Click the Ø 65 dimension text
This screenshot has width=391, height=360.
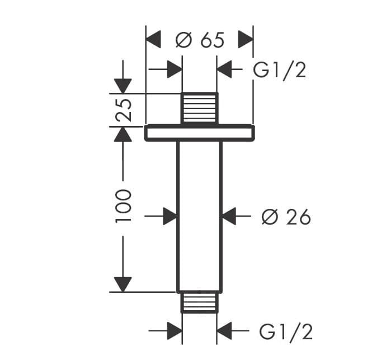tap(200, 40)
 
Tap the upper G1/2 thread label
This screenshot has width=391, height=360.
tap(280, 71)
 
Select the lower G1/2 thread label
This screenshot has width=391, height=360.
tap(286, 332)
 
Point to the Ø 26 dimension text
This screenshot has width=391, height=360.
tap(286, 217)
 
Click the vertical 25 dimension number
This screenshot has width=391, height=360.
tap(123, 110)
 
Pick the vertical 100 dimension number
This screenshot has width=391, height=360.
tap(123, 206)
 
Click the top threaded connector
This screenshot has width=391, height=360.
tap(200, 108)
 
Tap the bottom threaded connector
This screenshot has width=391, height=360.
tap(199, 302)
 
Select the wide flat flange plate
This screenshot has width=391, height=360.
tap(200, 133)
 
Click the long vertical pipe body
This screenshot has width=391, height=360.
tap(200, 217)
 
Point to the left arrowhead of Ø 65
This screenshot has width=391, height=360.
tap(153, 39)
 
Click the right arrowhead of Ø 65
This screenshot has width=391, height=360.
tap(246, 39)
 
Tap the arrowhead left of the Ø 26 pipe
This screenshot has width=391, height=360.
tap(170, 216)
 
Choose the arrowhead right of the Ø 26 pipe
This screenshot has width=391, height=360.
tap(229, 216)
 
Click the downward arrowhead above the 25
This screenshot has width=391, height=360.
tap(123, 86)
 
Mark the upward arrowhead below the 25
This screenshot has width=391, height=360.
tap(123, 134)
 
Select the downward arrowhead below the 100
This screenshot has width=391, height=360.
tap(123, 284)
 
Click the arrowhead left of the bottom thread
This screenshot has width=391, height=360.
tap(175, 331)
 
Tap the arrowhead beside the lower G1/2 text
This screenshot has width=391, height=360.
tap(224, 331)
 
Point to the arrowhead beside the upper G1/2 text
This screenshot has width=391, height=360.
tap(224, 69)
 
